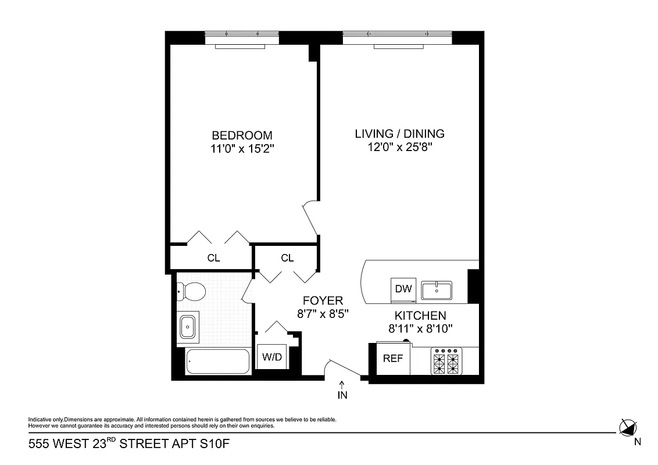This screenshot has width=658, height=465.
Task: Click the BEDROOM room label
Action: (x=242, y=135)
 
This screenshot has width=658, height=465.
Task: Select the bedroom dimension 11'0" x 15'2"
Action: (x=242, y=149)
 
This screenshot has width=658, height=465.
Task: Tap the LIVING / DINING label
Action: (x=399, y=134)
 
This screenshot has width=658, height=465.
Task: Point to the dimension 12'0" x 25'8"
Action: (x=399, y=148)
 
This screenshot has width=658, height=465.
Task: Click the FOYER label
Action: (x=323, y=301)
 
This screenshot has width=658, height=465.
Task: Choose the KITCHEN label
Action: (x=420, y=316)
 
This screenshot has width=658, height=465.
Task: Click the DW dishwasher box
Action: (x=403, y=289)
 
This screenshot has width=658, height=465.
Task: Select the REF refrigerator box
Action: (x=393, y=359)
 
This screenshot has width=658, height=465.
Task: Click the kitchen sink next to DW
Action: (x=437, y=289)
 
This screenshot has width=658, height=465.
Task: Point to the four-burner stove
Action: (x=446, y=361)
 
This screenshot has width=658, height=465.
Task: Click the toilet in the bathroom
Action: (x=192, y=291)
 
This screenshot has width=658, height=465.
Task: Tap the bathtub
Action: (x=217, y=362)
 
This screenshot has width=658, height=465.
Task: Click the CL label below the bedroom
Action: (x=213, y=258)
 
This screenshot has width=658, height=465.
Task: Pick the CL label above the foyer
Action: (x=287, y=258)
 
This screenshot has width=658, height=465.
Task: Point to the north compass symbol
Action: (x=628, y=428)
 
